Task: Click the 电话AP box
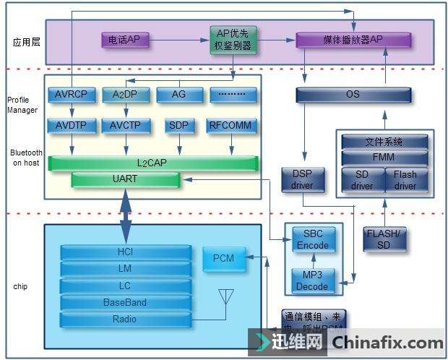[125, 40]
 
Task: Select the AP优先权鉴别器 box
[233, 40]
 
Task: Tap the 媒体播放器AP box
[353, 40]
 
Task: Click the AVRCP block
[71, 94]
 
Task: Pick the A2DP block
[126, 94]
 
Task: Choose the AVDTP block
[71, 125]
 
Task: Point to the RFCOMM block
[231, 125]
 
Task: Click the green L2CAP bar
[152, 163]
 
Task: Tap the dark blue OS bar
[353, 95]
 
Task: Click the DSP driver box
[302, 180]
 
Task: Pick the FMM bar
[384, 157]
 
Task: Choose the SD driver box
[362, 180]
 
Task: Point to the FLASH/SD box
[384, 239]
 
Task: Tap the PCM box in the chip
[223, 258]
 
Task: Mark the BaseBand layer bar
[125, 302]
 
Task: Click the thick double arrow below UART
[126, 216]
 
